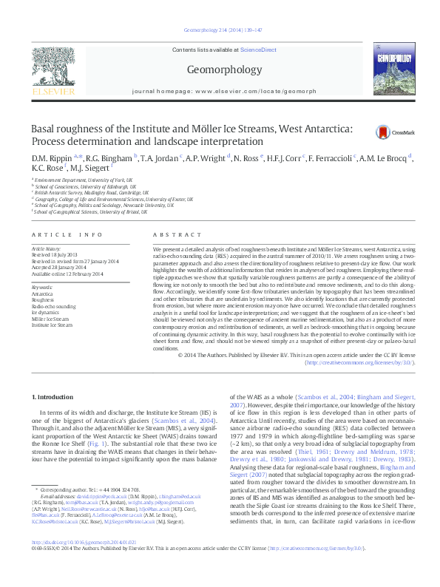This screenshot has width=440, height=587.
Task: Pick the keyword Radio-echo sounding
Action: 54,305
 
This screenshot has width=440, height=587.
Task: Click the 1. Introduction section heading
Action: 53,398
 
